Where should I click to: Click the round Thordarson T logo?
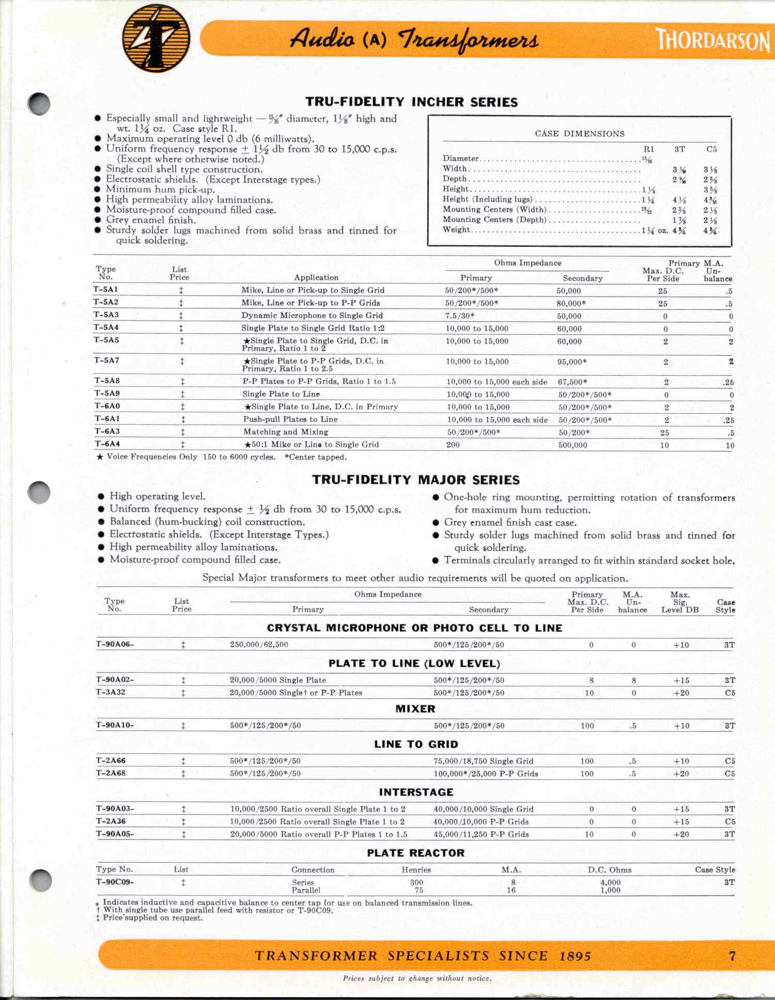pyautogui.click(x=156, y=39)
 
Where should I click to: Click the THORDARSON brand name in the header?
pyautogui.click(x=713, y=40)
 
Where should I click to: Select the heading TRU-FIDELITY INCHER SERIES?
pyautogui.click(x=411, y=102)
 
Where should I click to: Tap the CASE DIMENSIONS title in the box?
pyautogui.click(x=579, y=133)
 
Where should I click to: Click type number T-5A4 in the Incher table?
pyautogui.click(x=106, y=327)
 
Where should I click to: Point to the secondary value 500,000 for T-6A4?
pyautogui.click(x=572, y=445)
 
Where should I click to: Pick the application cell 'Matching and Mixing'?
pyautogui.click(x=286, y=432)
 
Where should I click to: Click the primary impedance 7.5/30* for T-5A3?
pyautogui.click(x=460, y=316)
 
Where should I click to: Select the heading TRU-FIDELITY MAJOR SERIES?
pyautogui.click(x=416, y=480)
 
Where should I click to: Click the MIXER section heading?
pyautogui.click(x=415, y=709)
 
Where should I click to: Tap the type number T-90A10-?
pyautogui.click(x=115, y=725)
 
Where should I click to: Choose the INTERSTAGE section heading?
pyautogui.click(x=416, y=792)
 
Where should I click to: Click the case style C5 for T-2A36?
pyautogui.click(x=730, y=821)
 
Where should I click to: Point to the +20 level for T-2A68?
pyautogui.click(x=681, y=774)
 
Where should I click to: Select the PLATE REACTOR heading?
pyautogui.click(x=416, y=853)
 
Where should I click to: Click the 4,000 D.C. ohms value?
pyautogui.click(x=610, y=883)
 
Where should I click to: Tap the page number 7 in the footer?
pyautogui.click(x=732, y=956)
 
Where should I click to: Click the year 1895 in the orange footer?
pyautogui.click(x=575, y=956)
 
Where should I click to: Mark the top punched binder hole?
pyautogui.click(x=39, y=104)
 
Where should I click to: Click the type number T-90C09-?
pyautogui.click(x=115, y=882)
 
